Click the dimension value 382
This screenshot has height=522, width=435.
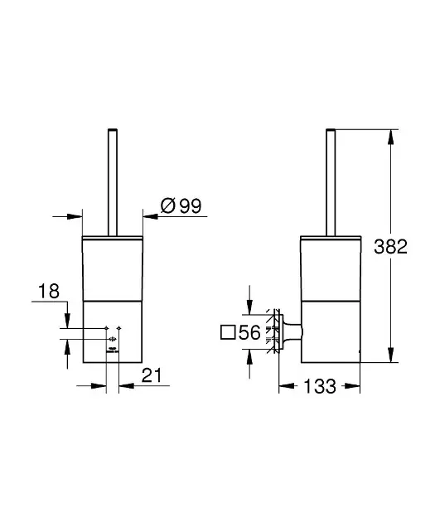coord(390,247)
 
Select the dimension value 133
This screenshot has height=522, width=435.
coord(320,386)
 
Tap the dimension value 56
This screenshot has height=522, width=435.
coord(249,332)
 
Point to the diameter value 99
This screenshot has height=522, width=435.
coord(191,205)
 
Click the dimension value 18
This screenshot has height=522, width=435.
coord(49,291)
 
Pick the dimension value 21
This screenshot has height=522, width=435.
coord(152,375)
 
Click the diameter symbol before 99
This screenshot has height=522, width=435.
coord(167,205)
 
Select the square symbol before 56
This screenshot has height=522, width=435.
coord(228,332)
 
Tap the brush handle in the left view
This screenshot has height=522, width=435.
coord(113,182)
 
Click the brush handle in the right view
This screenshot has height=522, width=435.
coord(331,182)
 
